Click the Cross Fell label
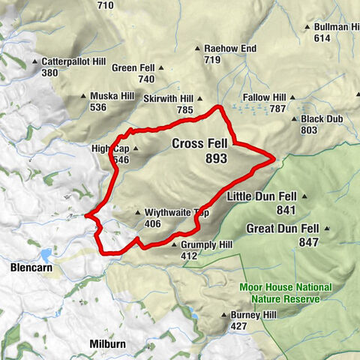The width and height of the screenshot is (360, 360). point(199,144)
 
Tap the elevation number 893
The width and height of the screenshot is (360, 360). point(214,159)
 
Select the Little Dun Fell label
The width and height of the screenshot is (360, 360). point(261,196)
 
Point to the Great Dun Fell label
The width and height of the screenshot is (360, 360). point(283,228)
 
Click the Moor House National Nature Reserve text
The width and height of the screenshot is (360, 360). point(280,293)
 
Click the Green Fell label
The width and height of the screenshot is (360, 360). point(133,67)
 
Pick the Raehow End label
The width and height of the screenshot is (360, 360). point(231,49)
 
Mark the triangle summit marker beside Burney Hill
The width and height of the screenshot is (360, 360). point(223,315)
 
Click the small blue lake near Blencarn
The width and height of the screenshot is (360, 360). point(46,253)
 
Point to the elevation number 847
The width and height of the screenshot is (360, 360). point(308,242)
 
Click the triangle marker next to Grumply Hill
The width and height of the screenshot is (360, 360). point(174,244)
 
